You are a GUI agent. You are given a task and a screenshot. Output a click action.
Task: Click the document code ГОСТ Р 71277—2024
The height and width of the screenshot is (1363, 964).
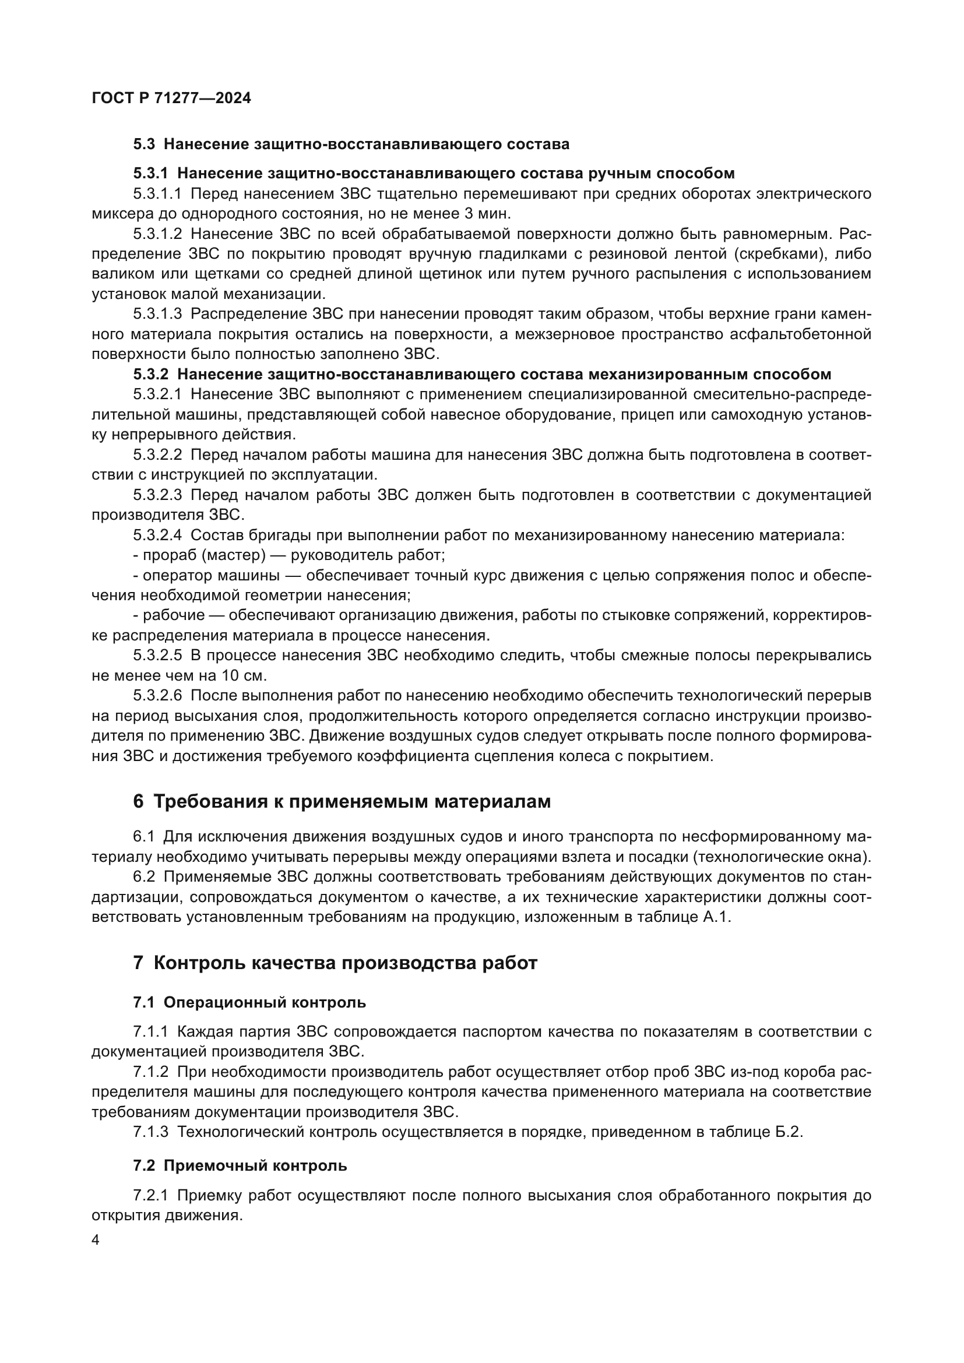pos(171,98)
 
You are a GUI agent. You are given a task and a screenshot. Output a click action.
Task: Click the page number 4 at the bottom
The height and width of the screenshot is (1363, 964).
pos(96,1240)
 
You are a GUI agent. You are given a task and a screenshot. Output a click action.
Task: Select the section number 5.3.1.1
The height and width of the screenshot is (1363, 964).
pos(157,193)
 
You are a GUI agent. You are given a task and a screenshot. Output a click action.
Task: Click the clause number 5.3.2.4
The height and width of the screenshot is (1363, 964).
pos(157,535)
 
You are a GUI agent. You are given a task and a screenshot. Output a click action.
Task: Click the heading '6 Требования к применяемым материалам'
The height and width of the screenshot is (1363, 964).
pos(342,801)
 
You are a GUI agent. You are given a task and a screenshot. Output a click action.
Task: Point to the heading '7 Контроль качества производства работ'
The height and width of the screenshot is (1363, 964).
pos(335,962)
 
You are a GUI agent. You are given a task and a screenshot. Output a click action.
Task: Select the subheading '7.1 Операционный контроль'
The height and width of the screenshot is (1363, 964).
pos(249,1003)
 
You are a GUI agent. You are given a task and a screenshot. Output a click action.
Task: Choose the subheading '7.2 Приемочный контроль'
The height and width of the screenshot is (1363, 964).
pos(240,1165)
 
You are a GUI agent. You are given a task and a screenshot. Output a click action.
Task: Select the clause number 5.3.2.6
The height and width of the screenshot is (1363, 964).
pos(157,695)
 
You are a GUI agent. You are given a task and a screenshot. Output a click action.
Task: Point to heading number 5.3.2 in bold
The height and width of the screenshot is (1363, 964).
pos(151,374)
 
